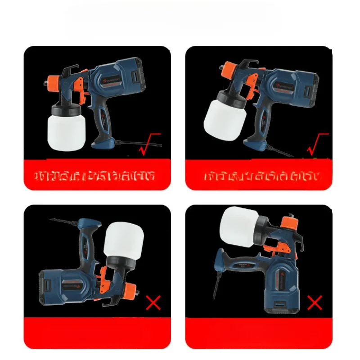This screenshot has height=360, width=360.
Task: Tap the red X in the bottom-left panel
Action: [x=153, y=303]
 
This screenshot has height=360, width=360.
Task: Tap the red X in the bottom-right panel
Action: [x=315, y=303]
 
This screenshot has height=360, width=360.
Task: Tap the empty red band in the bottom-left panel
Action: [x=97, y=333]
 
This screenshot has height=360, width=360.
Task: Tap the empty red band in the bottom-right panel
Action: [x=259, y=333]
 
